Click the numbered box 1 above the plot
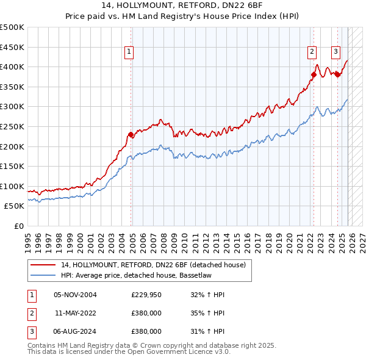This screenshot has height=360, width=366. (x=130, y=52)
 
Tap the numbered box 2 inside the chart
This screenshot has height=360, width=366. (x=312, y=52)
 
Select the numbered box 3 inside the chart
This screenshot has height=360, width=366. (x=335, y=52)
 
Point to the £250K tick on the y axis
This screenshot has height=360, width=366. (x=13, y=126)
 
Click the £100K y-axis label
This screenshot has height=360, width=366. (x=13, y=186)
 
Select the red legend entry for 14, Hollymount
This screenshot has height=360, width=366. (x=152, y=265)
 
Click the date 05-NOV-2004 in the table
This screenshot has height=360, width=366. (x=75, y=295)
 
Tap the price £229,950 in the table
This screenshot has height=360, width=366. (x=146, y=295)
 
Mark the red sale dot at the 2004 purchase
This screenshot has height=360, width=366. (x=131, y=135)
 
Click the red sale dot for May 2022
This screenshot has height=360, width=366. (x=314, y=75)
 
